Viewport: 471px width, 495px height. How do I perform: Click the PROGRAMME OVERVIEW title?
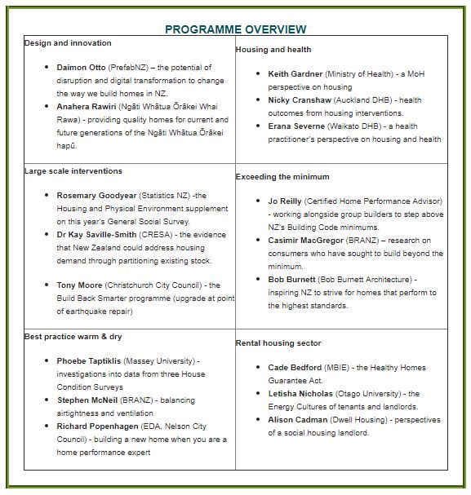[235, 29]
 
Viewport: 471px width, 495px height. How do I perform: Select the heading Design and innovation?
[68, 43]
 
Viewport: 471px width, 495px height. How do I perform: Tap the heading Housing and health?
[273, 50]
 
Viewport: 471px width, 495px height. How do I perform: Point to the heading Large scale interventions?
[73, 171]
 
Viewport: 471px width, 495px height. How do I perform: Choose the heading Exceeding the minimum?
[282, 177]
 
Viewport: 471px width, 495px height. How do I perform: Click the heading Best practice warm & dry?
[73, 336]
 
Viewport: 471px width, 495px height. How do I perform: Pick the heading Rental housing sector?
[278, 343]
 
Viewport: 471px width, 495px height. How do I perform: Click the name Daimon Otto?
[81, 68]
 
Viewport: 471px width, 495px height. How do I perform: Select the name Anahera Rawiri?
[87, 107]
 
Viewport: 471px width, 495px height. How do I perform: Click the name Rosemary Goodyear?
[96, 196]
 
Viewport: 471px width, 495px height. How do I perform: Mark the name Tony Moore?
[79, 285]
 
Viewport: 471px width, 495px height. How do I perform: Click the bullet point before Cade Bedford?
[258, 368]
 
